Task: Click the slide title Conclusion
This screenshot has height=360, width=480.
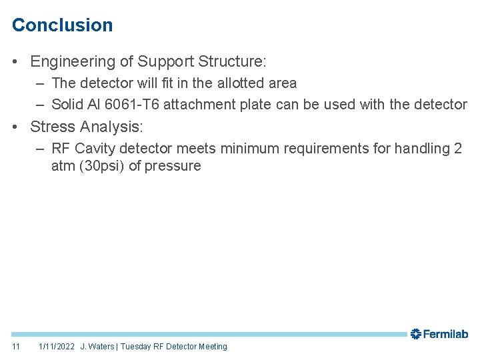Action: click(x=63, y=25)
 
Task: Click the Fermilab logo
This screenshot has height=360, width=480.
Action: click(x=439, y=334)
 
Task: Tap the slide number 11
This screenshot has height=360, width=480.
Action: click(x=16, y=347)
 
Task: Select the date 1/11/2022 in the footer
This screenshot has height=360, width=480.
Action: click(x=57, y=347)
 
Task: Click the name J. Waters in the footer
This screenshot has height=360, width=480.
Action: click(x=97, y=347)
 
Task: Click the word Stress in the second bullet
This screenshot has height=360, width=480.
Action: click(x=53, y=127)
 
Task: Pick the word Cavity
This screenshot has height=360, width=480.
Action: click(x=95, y=149)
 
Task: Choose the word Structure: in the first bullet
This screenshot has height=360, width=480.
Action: click(x=231, y=62)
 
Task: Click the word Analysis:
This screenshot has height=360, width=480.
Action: click(x=111, y=127)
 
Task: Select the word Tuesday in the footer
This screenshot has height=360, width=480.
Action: click(x=135, y=347)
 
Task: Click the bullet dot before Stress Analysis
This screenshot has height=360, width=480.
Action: click(x=15, y=127)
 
